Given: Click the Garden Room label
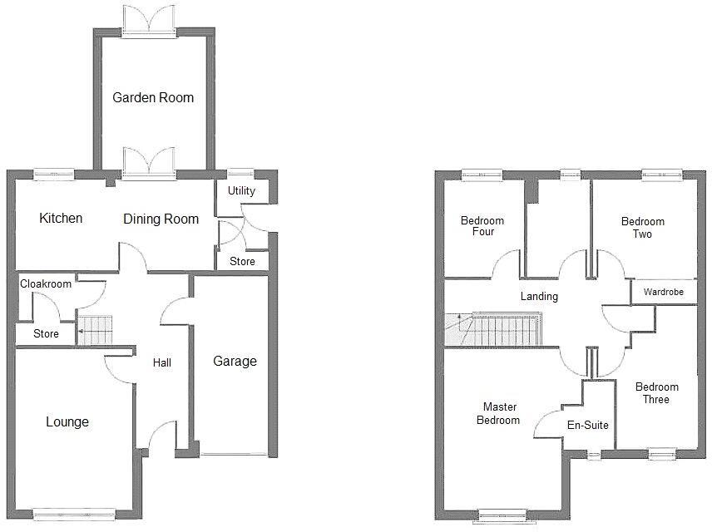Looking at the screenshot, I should click(x=153, y=97).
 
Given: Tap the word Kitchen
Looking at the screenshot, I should click(x=62, y=219).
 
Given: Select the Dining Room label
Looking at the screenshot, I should click(x=161, y=219).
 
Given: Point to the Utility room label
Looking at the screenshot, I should click(x=241, y=191).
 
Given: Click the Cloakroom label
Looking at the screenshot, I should click(x=46, y=283).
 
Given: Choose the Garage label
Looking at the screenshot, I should click(x=235, y=361).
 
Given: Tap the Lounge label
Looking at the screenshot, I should click(x=67, y=422).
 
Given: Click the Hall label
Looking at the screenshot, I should click(x=162, y=362).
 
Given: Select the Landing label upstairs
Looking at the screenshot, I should click(x=539, y=297).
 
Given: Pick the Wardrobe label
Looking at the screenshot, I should click(x=663, y=293).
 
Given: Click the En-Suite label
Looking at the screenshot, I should click(x=588, y=425).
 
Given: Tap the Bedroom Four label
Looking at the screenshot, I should click(x=482, y=226).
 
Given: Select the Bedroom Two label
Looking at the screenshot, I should click(x=643, y=228).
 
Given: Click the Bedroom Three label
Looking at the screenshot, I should click(x=656, y=393).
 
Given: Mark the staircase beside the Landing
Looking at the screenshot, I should click(x=494, y=329).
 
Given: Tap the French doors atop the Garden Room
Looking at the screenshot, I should click(x=149, y=18).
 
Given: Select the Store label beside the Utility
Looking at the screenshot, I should click(x=242, y=262).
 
